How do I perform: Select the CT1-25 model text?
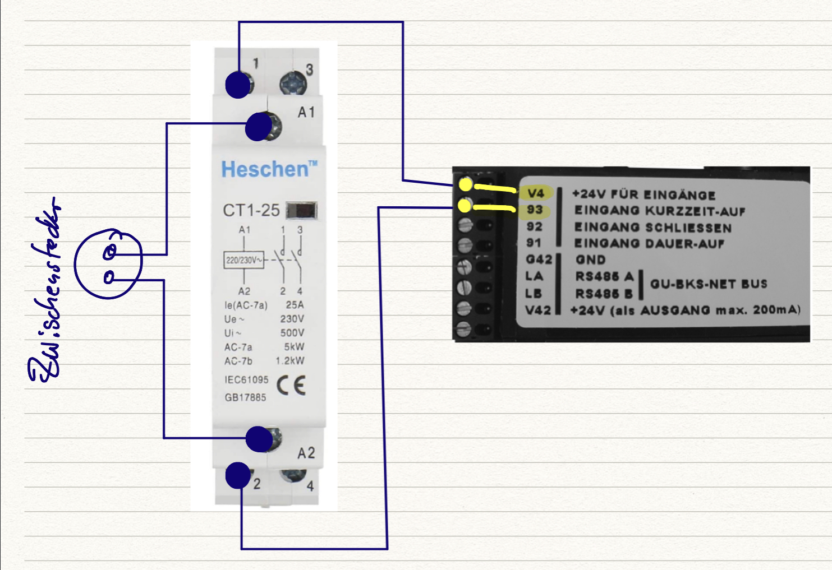click(x=251, y=210)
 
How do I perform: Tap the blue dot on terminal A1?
click(x=259, y=127)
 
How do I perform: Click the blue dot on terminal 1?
click(x=238, y=85)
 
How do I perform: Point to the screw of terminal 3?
click(x=293, y=85)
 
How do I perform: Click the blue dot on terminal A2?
click(x=259, y=439)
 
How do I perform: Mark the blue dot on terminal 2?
click(x=238, y=475)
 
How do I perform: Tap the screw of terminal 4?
click(x=293, y=476)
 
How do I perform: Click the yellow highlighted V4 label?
click(x=536, y=193)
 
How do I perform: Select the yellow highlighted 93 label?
click(x=535, y=210)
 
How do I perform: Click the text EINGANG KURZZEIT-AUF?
click(x=659, y=211)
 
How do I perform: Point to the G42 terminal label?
click(x=539, y=259)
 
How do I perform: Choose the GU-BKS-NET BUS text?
click(x=709, y=284)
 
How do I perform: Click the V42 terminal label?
click(x=538, y=310)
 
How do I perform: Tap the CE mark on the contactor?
click(x=291, y=385)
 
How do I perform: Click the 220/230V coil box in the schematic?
click(x=243, y=260)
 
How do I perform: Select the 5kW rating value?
click(x=294, y=347)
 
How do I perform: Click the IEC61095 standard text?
click(x=246, y=379)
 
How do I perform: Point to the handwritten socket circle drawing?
click(x=108, y=264)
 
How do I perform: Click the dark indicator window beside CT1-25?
click(x=302, y=210)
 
